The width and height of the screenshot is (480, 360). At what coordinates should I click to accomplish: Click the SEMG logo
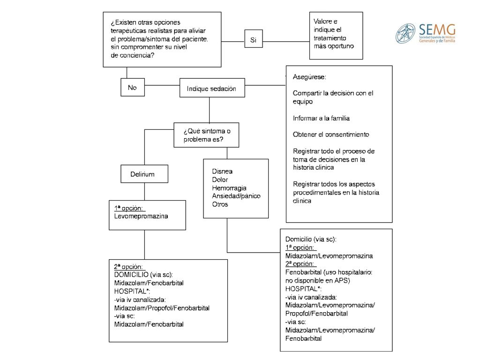coord(425,33)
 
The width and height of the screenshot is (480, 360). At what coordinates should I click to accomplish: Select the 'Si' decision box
coord(254,38)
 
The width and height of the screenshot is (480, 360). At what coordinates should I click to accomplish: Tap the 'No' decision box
coord(133,87)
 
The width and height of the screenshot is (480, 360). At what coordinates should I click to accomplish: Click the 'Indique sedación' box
coord(212,88)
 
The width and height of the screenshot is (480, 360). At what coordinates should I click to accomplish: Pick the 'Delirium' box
coord(144,174)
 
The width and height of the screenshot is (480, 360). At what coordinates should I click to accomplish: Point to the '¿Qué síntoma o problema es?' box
coord(206,135)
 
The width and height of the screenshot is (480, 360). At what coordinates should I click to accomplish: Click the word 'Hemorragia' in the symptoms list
coord(229,187)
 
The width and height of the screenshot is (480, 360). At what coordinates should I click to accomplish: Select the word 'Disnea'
coord(222,171)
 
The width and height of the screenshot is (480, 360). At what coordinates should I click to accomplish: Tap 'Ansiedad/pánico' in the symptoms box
coord(236,196)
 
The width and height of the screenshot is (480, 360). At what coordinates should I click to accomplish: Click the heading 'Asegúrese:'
coord(309,77)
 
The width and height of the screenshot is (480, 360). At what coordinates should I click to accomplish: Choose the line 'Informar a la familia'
coord(321,118)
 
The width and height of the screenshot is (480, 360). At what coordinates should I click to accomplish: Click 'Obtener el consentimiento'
coord(331,135)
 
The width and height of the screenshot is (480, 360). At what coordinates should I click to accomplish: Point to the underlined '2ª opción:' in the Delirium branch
coord(128,266)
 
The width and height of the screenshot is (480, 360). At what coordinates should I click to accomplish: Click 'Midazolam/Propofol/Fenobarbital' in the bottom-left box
coord(162,308)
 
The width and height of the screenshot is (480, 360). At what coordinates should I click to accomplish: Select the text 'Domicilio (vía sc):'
coord(311,239)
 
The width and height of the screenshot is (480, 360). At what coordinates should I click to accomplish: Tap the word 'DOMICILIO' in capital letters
coord(131,275)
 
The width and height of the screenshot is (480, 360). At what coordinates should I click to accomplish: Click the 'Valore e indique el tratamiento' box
coord(336,36)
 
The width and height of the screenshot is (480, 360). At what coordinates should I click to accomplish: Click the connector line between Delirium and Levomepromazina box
coord(144,192)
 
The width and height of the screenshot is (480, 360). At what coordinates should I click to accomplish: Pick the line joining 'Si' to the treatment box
coord(286,41)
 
